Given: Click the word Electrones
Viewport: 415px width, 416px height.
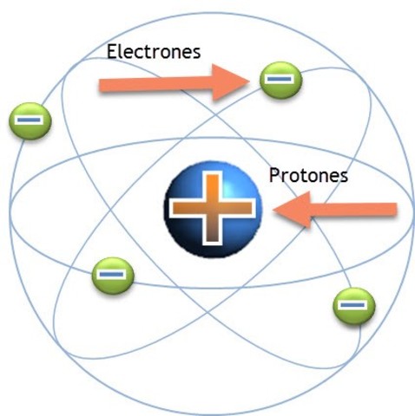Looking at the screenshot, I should pyautogui.click(x=154, y=51).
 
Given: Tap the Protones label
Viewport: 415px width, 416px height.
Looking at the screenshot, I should pyautogui.click(x=308, y=176).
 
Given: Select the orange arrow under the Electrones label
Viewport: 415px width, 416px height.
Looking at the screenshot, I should pyautogui.click(x=174, y=83).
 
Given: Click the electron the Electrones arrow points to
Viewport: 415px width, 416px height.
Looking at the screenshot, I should pyautogui.click(x=280, y=78).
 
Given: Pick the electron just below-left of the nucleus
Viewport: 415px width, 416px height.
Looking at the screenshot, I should pyautogui.click(x=113, y=276).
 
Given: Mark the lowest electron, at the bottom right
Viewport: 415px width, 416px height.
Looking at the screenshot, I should pyautogui.click(x=353, y=306).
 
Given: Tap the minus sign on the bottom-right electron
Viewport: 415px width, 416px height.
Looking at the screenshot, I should pyautogui.click(x=353, y=306).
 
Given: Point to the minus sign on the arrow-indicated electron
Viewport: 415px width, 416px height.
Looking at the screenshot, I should pyautogui.click(x=280, y=78).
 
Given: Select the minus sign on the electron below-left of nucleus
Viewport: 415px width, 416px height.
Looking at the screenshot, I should pyautogui.click(x=113, y=276).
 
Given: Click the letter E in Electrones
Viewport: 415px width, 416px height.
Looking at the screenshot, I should pyautogui.click(x=111, y=51).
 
